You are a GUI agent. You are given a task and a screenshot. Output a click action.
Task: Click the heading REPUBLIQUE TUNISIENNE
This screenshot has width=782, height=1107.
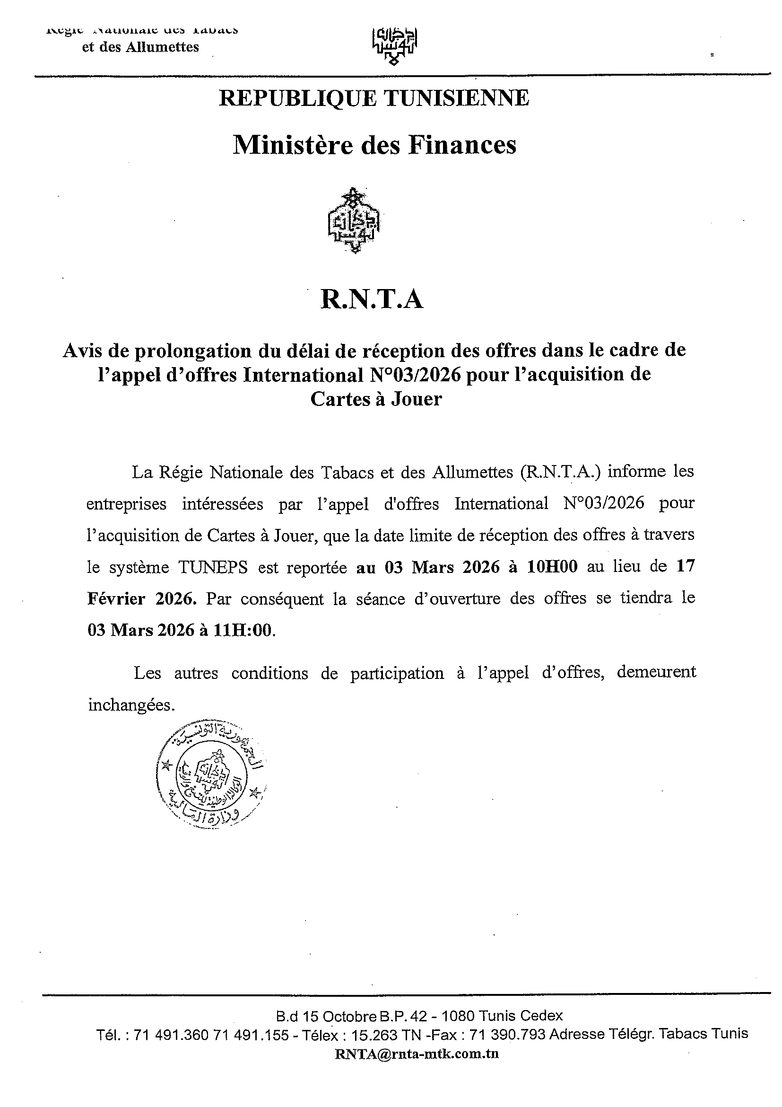(x=374, y=98)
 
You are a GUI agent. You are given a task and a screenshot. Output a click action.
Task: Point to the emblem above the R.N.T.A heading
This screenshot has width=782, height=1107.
(x=354, y=221)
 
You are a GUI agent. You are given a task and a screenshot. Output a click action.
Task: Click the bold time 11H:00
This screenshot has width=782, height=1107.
(x=243, y=630)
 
